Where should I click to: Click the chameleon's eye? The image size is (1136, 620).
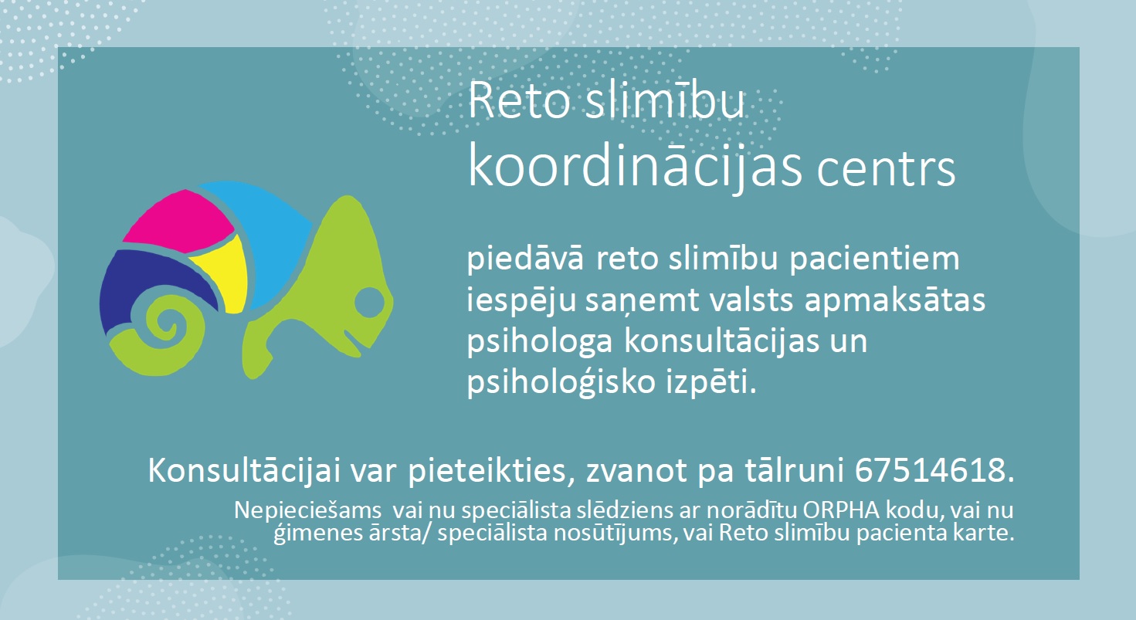[369, 303]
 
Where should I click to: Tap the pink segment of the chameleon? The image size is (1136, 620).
[180, 223]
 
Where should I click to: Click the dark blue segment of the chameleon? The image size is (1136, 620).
[152, 284]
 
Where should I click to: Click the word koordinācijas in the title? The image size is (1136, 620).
[635, 168]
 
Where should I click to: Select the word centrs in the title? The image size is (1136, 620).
[886, 171]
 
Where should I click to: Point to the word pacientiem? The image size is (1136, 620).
[874, 260]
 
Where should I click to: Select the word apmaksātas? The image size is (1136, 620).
[894, 301]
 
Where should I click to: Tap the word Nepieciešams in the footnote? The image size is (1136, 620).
[307, 511]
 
